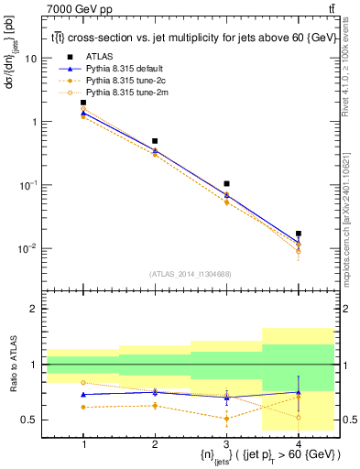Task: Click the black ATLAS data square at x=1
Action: coord(83,103)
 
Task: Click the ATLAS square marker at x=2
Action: coord(155,141)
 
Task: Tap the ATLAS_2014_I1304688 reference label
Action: coord(191,273)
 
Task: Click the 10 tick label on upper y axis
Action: coord(31,58)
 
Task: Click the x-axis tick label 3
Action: coord(226,442)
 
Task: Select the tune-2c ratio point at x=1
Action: coord(83,407)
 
